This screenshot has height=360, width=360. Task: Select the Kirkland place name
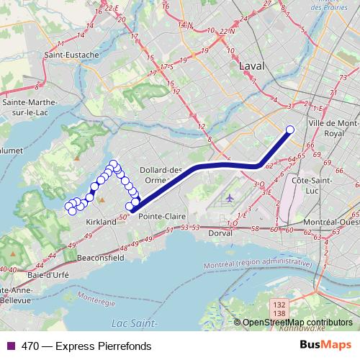click(101, 222)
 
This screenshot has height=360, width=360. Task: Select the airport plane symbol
click(230, 198)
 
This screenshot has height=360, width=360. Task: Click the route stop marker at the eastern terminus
click(290, 130)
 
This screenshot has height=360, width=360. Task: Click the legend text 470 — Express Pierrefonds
click(86, 346)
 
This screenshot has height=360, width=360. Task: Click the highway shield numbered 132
click(277, 306)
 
